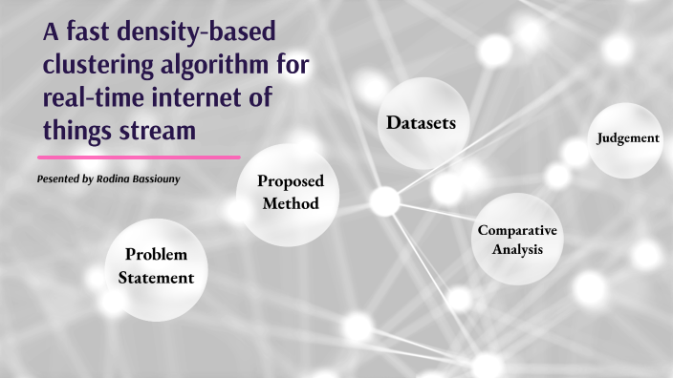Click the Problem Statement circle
click(156, 267)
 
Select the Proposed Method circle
click(289, 193)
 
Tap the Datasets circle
click(422, 123)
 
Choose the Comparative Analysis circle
click(517, 240)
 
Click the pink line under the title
click(139, 156)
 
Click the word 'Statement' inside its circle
click(156, 279)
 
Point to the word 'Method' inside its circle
click(289, 204)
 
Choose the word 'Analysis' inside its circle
click(517, 250)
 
